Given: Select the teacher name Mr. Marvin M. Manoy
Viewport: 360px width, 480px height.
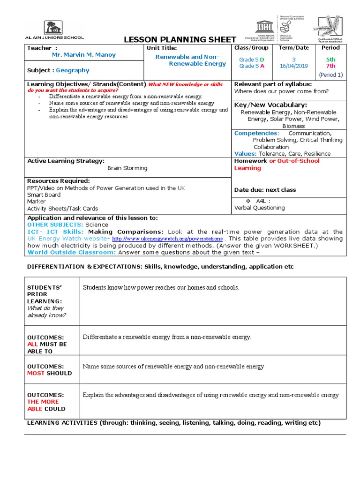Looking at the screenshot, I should [x=83, y=55].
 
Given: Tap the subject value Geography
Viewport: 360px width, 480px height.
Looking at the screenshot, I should [x=72, y=70].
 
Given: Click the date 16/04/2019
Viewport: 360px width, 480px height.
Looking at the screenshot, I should [x=294, y=66].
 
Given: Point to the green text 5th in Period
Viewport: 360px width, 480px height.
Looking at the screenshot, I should [x=331, y=60].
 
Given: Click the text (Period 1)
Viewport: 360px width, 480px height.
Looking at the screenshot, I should [x=331, y=75].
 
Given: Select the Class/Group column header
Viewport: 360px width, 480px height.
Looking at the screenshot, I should [x=252, y=48].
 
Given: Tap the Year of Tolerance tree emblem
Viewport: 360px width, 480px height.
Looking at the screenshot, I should [x=331, y=28].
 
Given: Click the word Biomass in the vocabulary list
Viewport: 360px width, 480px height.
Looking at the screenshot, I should [x=293, y=126].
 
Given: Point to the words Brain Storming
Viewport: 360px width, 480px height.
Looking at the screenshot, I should [x=127, y=168].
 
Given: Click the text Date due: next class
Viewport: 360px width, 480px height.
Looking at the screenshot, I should [x=265, y=190].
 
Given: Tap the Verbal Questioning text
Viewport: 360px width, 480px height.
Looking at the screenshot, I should [x=259, y=208].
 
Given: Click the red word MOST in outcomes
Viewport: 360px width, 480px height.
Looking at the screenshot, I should [x=36, y=373].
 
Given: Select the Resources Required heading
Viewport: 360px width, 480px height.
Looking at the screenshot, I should [x=58, y=181].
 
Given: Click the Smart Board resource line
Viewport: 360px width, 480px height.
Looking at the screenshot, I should [x=44, y=195].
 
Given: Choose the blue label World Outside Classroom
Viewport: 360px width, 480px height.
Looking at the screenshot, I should [x=72, y=252].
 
